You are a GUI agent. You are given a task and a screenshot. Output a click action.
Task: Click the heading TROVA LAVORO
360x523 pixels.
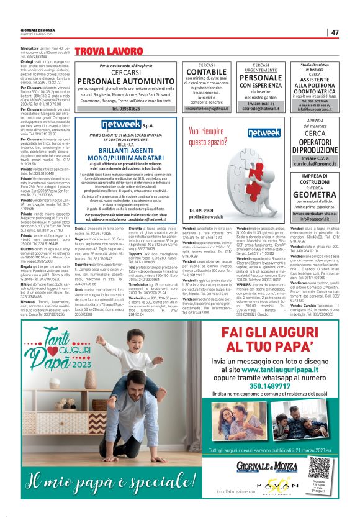click(101, 50)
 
